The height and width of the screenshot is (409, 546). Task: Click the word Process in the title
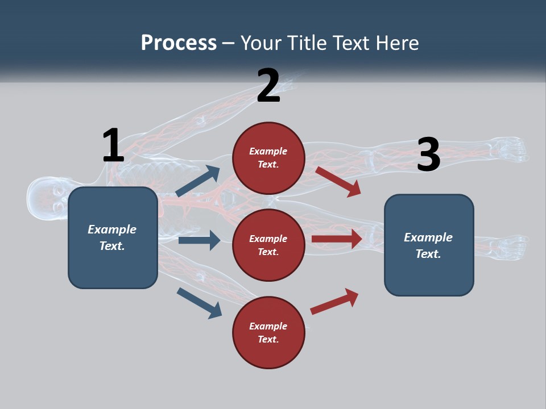179,43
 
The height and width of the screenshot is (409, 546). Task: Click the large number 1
113,145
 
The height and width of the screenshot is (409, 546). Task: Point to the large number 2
268,86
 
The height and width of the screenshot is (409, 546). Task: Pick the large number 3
428,155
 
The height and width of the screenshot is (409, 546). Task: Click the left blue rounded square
113,237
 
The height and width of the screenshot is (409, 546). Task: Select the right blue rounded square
429,245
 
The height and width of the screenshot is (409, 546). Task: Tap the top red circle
268,157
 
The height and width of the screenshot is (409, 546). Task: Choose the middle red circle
268,245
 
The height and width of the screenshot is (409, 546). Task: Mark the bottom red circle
268,332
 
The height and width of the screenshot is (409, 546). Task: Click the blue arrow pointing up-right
198,181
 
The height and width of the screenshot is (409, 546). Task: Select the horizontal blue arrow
199,240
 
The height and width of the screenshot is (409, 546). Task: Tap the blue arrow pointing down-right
199,303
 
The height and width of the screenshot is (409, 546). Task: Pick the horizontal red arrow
337,239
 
